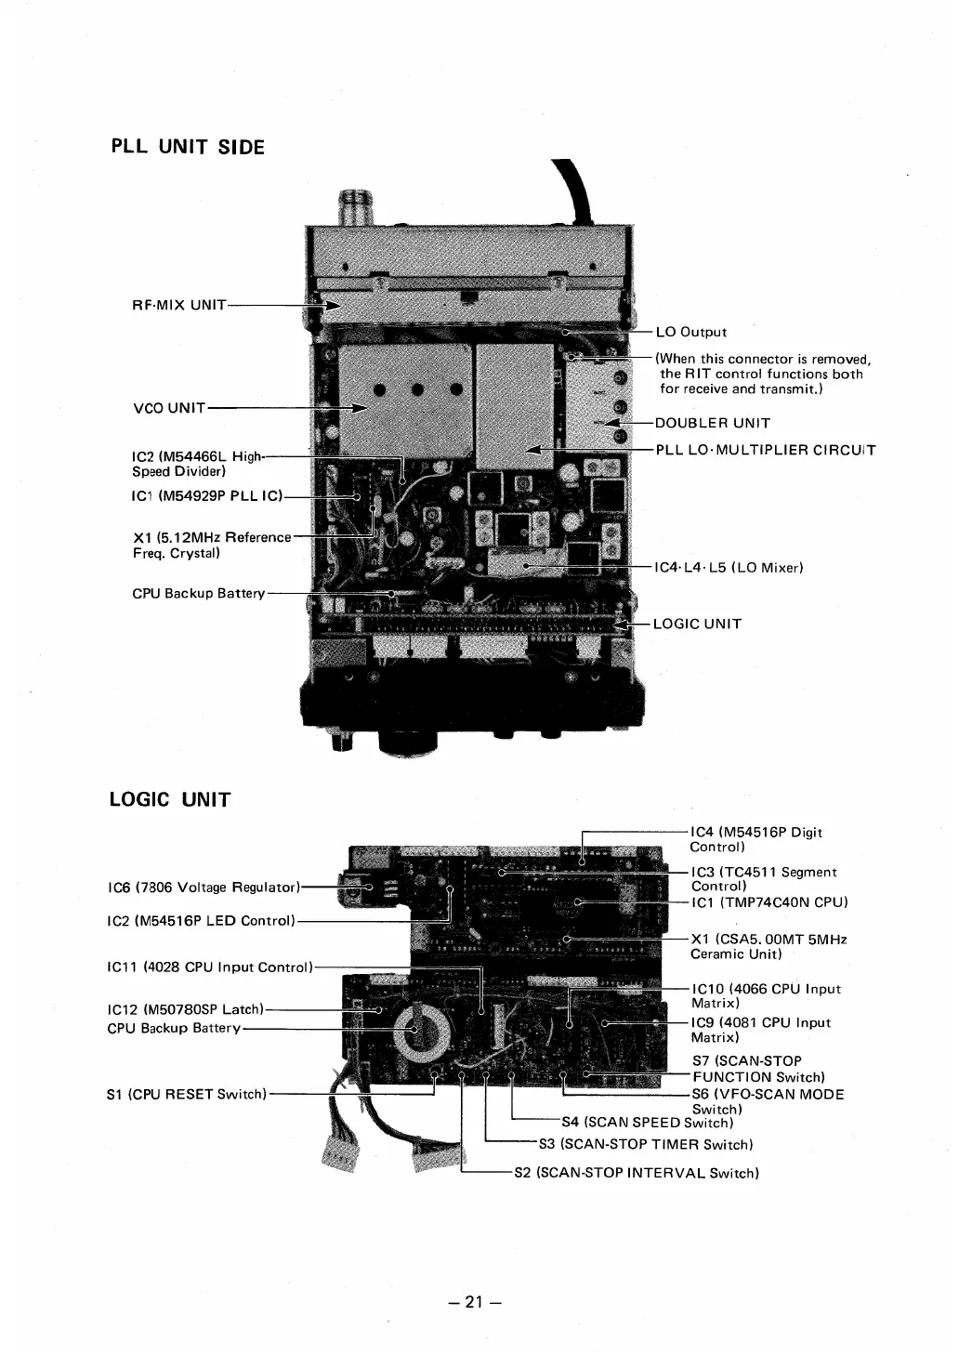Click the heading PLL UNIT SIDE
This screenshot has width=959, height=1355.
pos(188,147)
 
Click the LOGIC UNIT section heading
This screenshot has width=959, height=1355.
pos(170,799)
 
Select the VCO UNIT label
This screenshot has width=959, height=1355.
pos(169,407)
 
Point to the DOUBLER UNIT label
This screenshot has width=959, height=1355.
pos(712,424)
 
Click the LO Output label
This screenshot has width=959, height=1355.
pos(690,332)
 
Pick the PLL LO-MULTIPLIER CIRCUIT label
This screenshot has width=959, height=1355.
pos(765,451)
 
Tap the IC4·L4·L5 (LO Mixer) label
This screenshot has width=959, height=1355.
pos(729,566)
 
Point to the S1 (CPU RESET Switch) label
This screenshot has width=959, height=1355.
pos(187,1094)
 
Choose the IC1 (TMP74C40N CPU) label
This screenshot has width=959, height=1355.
pos(769,902)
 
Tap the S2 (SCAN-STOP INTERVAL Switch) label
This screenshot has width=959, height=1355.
pos(637,1173)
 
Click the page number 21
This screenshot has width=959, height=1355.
pos(474,1302)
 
